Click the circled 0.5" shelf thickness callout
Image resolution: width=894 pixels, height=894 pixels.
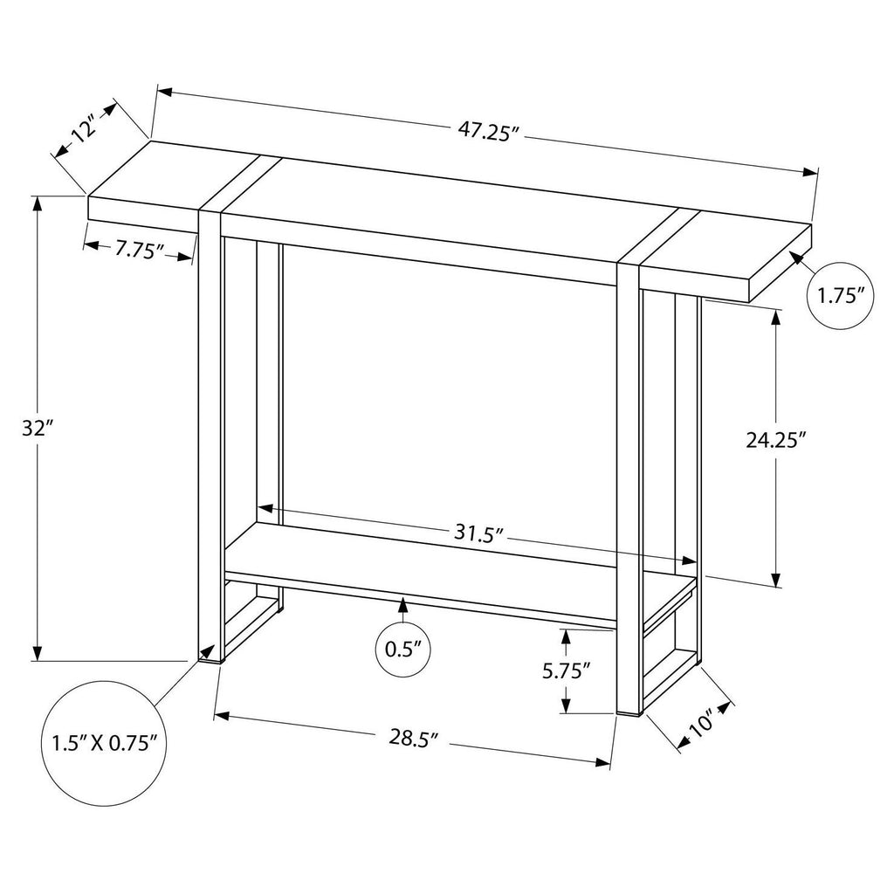[403, 649]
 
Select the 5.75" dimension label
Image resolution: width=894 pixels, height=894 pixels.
[565, 670]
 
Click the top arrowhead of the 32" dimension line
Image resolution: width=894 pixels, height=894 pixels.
[38, 203]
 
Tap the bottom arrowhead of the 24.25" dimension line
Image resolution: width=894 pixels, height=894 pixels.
[775, 580]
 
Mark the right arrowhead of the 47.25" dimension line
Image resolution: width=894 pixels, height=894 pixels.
[810, 172]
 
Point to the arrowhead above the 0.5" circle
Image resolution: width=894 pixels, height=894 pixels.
[403, 602]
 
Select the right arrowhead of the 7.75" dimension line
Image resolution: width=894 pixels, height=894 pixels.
[185, 258]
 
